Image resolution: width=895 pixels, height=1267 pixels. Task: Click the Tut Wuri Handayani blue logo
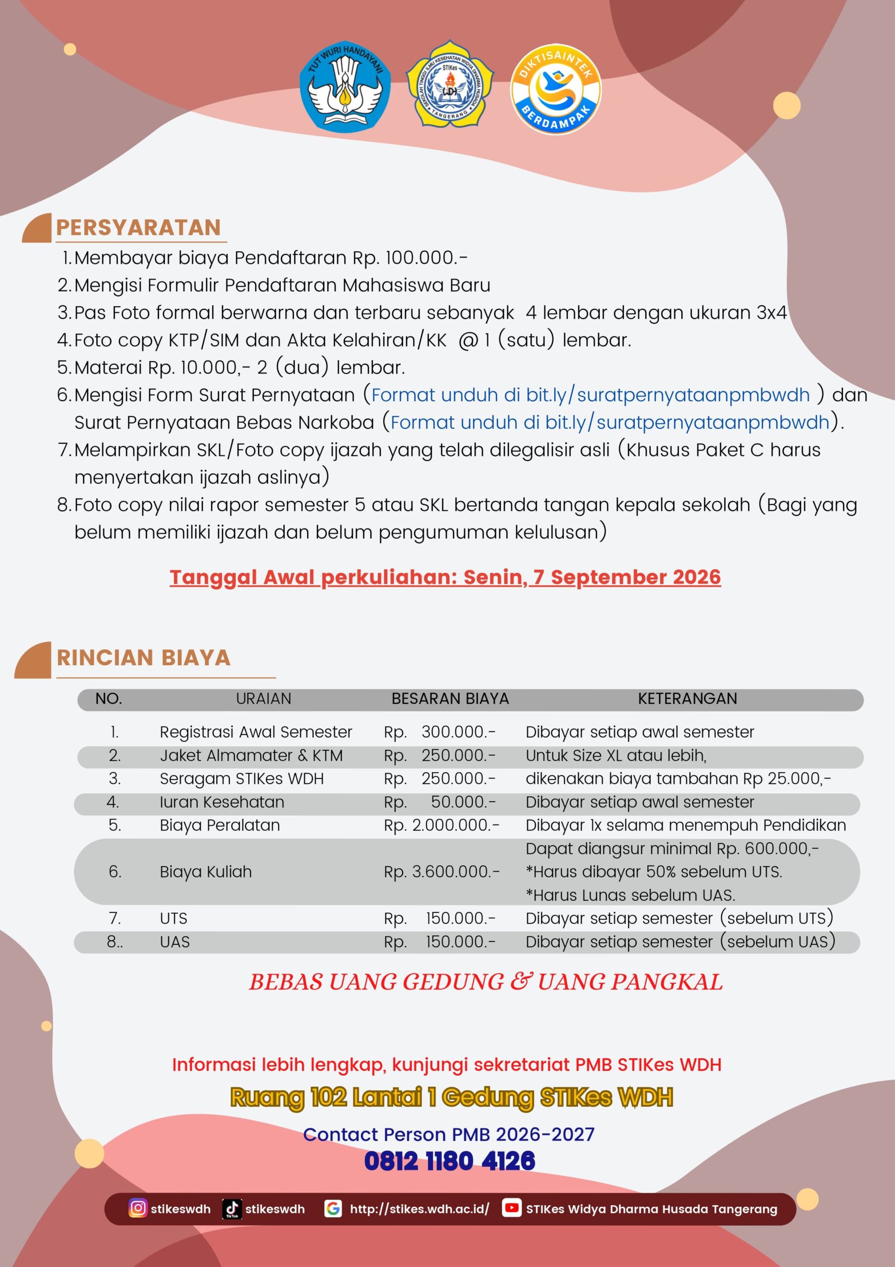[345, 86]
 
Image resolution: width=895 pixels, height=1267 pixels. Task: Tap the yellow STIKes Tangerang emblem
[449, 86]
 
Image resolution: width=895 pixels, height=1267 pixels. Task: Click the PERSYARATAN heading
[138, 227]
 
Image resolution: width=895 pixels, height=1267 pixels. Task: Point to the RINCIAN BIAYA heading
[143, 658]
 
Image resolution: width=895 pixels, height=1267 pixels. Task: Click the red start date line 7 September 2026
[445, 577]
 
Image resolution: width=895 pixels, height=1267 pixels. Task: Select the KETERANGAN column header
[687, 699]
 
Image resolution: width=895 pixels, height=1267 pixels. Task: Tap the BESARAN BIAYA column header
[450, 699]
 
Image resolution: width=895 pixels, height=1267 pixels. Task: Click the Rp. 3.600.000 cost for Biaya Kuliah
[442, 872]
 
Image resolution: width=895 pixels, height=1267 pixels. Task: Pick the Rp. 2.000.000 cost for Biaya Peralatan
[442, 825]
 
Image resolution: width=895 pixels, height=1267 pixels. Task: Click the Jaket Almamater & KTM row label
[251, 755]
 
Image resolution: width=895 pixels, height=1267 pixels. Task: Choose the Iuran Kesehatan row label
[222, 802]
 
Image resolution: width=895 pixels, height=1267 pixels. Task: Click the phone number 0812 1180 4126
[449, 1161]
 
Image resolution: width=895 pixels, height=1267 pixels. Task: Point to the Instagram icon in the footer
[138, 1208]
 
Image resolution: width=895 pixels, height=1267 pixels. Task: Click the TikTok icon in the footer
[231, 1208]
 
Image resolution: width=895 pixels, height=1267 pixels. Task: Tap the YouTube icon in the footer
[511, 1208]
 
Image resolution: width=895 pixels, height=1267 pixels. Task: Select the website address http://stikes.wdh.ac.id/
[419, 1209]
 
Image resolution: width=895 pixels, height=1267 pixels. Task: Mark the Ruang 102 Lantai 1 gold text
[451, 1098]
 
